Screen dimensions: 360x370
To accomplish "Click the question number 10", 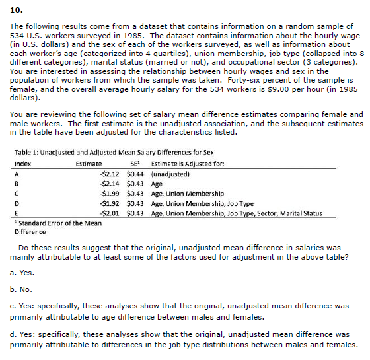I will tap(17, 11).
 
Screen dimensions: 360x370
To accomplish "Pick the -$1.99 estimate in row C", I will tap(108, 194).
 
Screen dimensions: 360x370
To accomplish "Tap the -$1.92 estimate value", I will tap(108, 203).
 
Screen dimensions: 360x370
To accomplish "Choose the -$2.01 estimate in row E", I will tap(108, 213).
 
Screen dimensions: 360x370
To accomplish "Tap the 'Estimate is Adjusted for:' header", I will tap(185, 162).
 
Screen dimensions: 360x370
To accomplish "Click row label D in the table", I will tap(17, 203).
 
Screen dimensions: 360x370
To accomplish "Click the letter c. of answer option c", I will tap(16, 306).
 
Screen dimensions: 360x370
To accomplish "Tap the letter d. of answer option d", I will tap(16, 334).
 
